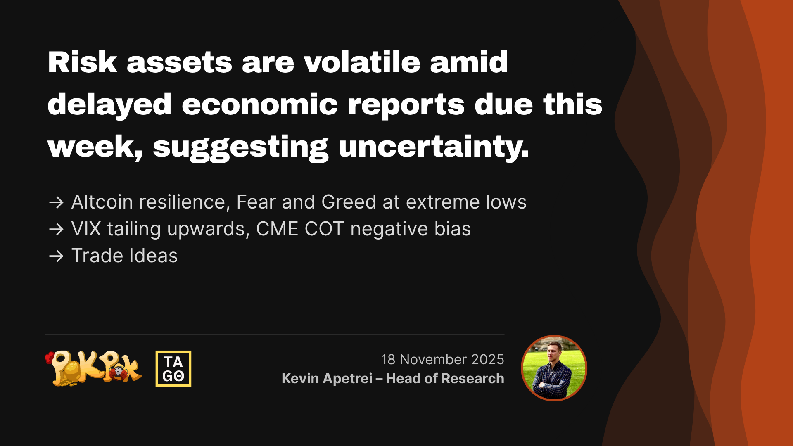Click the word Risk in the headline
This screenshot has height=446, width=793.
click(x=82, y=62)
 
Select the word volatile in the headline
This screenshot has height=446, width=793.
click(x=362, y=62)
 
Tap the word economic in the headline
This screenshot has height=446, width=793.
click(x=260, y=104)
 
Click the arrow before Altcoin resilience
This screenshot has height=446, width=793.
click(x=56, y=202)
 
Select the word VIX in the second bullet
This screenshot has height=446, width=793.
click(x=86, y=229)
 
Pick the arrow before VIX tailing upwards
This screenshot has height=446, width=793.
click(x=56, y=229)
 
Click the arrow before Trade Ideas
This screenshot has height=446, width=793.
click(x=56, y=256)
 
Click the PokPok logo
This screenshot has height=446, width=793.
click(x=93, y=368)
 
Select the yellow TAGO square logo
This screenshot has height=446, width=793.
click(x=173, y=368)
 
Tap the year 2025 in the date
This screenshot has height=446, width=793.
click(x=487, y=360)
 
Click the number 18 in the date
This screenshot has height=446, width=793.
click(x=388, y=360)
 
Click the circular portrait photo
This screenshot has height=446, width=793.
click(x=554, y=368)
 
